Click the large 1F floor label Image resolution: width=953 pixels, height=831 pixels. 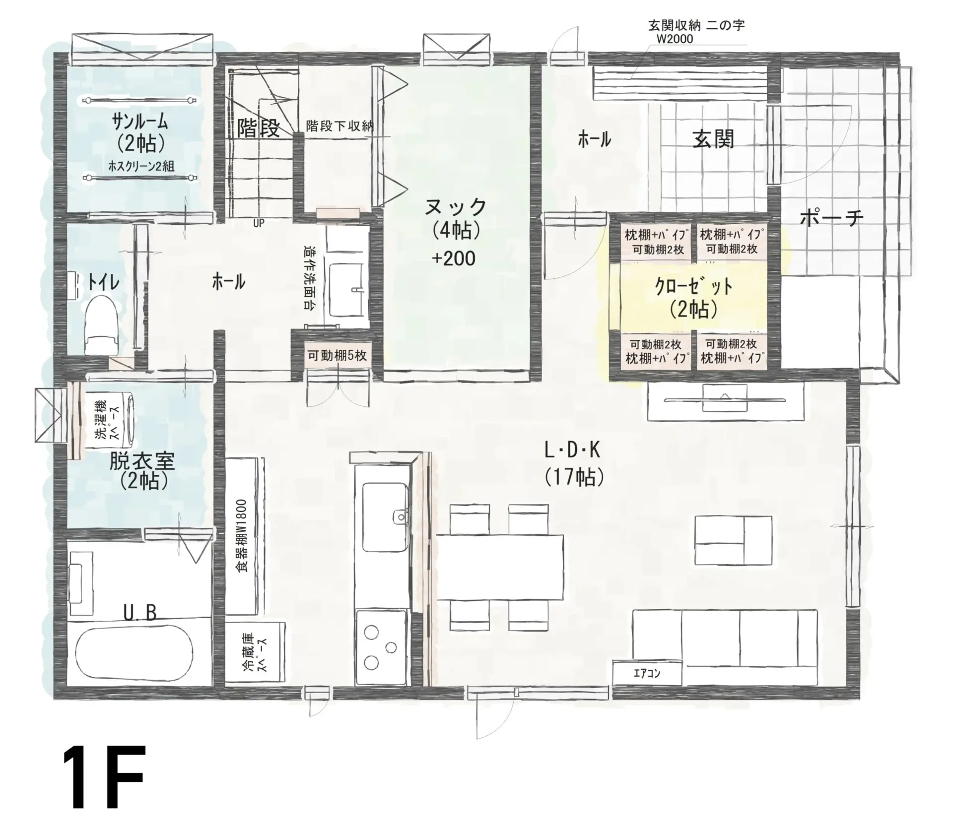(x=104, y=783)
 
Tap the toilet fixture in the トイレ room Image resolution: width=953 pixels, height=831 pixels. (x=102, y=325)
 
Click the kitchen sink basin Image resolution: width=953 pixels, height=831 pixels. (x=386, y=516)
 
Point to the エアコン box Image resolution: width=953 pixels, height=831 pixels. (x=647, y=673)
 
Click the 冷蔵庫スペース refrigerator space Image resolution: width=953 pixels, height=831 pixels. (x=255, y=652)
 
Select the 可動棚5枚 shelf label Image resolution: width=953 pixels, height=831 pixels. (x=337, y=355)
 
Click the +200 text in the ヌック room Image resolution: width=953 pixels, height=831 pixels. (x=454, y=258)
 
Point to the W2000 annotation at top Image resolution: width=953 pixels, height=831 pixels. (x=675, y=39)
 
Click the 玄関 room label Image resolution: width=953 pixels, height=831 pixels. (x=713, y=139)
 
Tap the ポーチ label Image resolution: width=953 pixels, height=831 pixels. (x=832, y=218)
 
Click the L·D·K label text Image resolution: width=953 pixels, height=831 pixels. (x=572, y=450)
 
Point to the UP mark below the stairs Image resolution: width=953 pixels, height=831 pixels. (x=259, y=224)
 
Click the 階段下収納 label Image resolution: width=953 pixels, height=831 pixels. (x=340, y=126)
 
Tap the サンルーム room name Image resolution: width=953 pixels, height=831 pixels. (x=140, y=122)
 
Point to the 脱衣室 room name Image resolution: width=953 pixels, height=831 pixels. (x=141, y=462)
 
